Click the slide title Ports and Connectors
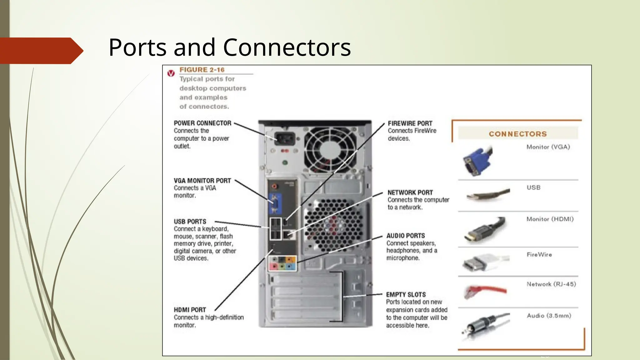click(229, 47)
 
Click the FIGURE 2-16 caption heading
click(202, 70)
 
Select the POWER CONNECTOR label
click(202, 123)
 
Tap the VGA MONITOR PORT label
click(202, 181)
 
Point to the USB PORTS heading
click(190, 222)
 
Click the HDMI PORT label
click(190, 310)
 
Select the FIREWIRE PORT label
click(410, 123)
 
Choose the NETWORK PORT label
click(410, 192)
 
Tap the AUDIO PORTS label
click(405, 236)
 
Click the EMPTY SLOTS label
click(406, 294)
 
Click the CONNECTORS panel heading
click(517, 134)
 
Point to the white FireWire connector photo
click(484, 262)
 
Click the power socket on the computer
click(285, 138)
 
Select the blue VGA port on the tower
click(275, 203)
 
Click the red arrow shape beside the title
click(41, 51)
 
